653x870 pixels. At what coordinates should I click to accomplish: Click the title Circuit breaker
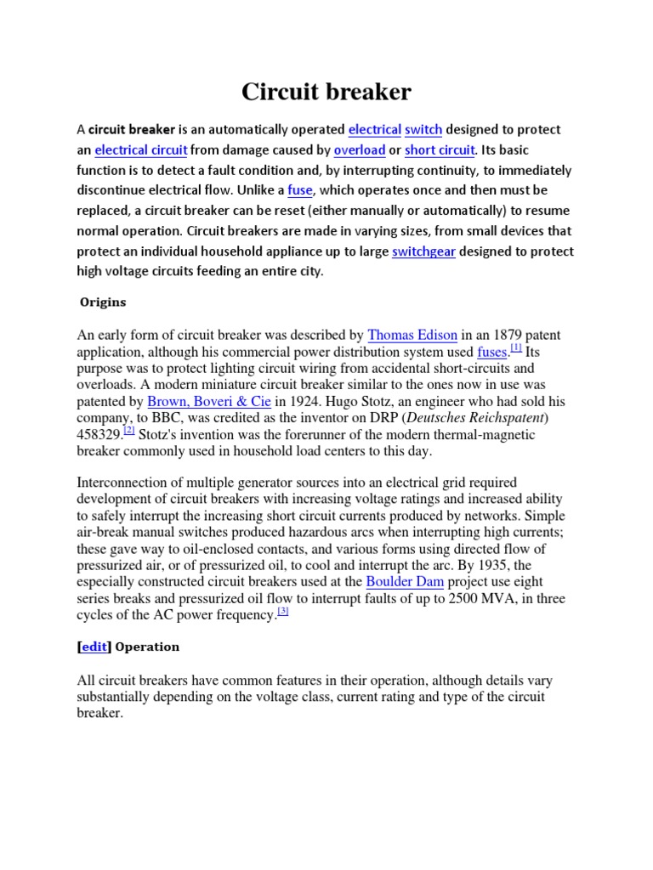[326, 92]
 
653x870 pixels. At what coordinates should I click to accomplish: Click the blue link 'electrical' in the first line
[374, 130]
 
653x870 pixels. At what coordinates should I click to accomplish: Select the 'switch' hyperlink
[423, 130]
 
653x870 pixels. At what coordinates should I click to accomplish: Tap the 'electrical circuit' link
[140, 150]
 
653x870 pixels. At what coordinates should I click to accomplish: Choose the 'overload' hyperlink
[359, 150]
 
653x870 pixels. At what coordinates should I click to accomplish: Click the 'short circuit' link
[440, 150]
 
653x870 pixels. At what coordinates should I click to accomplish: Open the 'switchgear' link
[423, 251]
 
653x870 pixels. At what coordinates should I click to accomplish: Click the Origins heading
[103, 302]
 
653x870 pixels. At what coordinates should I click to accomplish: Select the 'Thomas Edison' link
[412, 336]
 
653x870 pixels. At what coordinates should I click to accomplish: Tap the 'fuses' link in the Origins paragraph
[492, 352]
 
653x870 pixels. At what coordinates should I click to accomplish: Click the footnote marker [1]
[516, 347]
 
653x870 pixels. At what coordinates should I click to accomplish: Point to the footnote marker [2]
[129, 431]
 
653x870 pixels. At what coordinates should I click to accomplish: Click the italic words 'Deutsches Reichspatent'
[485, 417]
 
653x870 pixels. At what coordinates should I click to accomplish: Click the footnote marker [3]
[283, 612]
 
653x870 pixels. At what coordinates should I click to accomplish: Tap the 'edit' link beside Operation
[94, 647]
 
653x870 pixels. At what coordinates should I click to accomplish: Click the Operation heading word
[147, 647]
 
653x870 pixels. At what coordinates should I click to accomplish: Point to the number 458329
[99, 434]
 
